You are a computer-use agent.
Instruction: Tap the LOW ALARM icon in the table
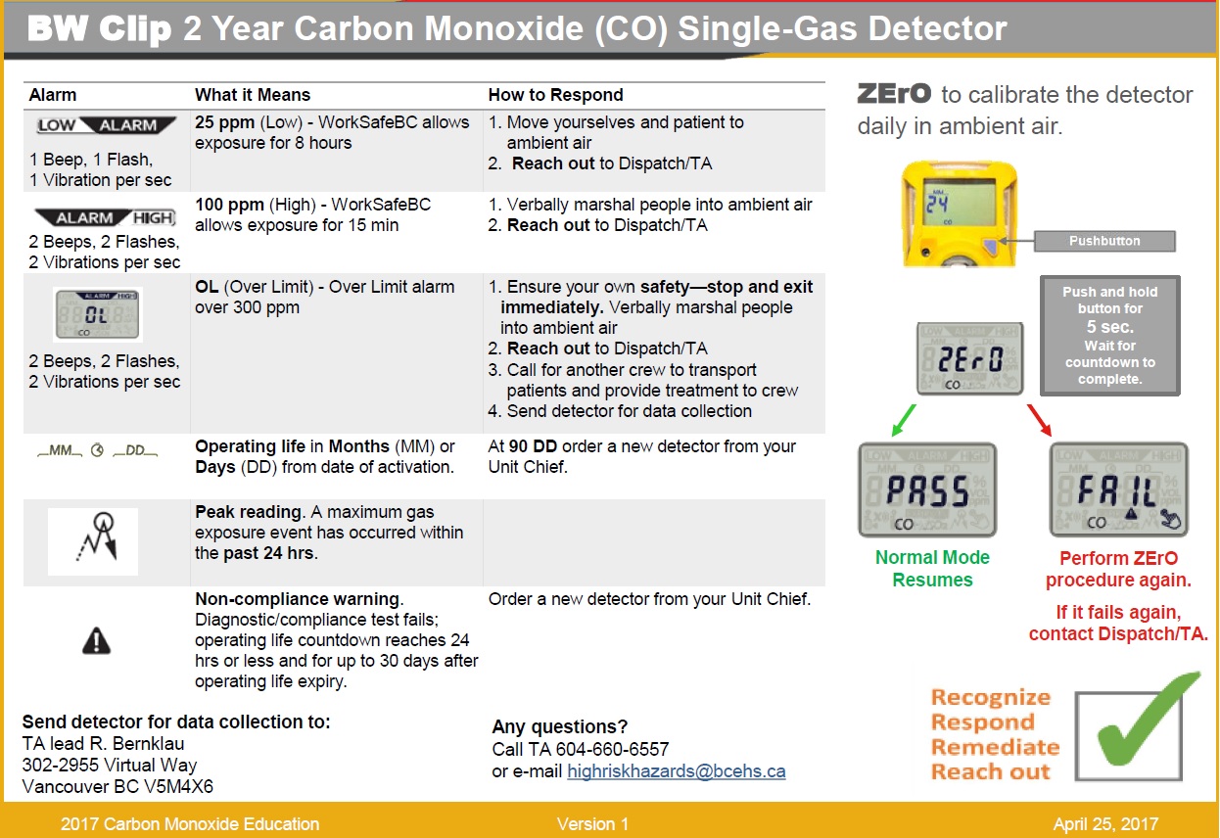[x=106, y=125]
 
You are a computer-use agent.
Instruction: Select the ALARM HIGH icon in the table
[x=105, y=217]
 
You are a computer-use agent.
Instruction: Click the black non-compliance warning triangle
[x=97, y=640]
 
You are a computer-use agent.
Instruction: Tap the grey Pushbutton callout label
[x=1103, y=241]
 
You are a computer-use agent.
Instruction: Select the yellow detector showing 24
[x=946, y=214]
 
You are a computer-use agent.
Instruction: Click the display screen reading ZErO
[x=969, y=358]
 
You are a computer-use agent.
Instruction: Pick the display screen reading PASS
[x=926, y=489]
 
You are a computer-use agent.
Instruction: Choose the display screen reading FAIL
[x=1118, y=489]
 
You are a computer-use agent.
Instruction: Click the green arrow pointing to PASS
[x=907, y=418]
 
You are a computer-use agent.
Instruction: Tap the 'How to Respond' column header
[x=555, y=95]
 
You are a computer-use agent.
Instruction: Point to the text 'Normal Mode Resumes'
[x=931, y=569]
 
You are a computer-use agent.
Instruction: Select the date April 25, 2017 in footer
[x=1105, y=824]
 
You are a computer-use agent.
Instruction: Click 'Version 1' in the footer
[x=592, y=824]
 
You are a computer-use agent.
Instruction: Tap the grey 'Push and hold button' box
[x=1109, y=335]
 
